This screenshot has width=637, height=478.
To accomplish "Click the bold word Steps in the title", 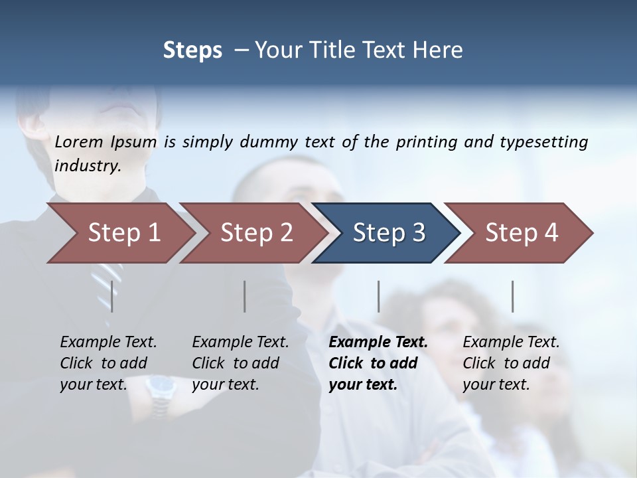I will click(x=192, y=50).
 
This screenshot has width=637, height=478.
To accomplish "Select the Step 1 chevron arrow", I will click(x=119, y=233).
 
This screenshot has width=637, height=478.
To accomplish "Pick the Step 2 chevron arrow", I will click(x=252, y=233).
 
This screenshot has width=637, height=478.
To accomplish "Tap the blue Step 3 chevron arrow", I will click(x=385, y=233).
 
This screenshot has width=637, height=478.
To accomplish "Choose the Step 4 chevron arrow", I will click(x=518, y=233).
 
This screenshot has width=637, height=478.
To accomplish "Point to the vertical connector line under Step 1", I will click(x=112, y=296).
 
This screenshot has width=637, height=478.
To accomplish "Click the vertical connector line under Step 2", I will click(x=245, y=296).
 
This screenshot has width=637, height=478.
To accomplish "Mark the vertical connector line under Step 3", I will click(x=379, y=296).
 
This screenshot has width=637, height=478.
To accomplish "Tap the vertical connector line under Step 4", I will click(x=512, y=296).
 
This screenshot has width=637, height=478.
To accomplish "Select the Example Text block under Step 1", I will click(x=108, y=363).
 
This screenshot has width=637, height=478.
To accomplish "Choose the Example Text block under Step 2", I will click(x=240, y=363).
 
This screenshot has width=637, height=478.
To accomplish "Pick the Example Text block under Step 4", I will click(x=511, y=363).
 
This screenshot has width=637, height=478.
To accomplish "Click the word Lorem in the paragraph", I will click(x=79, y=141).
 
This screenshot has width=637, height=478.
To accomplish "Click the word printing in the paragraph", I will click(x=424, y=142).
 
